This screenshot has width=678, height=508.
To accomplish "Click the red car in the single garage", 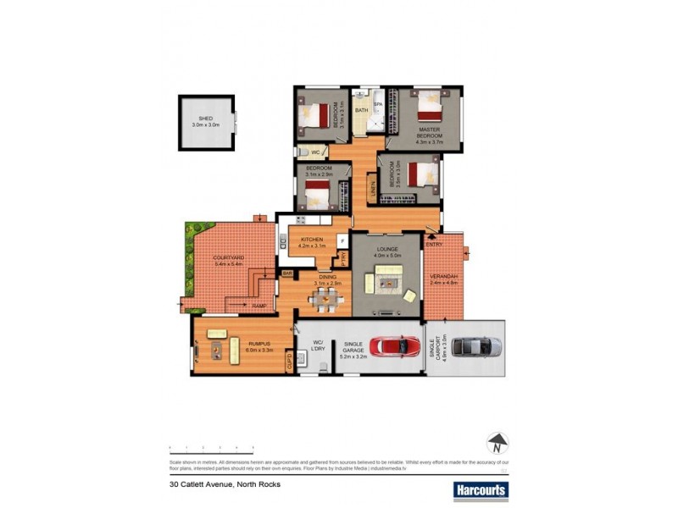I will [394, 345].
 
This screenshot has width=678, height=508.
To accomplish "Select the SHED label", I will [206, 119].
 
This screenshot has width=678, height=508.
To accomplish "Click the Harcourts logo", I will [480, 489].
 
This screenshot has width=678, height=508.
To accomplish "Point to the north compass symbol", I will [497, 443].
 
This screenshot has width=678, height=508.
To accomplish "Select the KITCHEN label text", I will [311, 240].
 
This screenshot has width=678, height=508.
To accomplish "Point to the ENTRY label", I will [435, 245].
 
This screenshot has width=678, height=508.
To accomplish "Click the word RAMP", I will [258, 305].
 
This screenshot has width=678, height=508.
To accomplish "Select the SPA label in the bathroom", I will [378, 104].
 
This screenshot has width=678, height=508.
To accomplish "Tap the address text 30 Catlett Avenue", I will [225, 484].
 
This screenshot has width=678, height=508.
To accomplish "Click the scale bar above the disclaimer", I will [212, 446].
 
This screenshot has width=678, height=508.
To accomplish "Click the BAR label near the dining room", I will [286, 273].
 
